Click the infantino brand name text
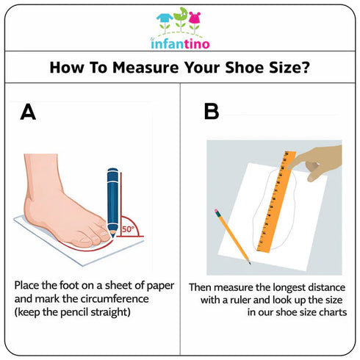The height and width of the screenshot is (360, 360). [x=180, y=43]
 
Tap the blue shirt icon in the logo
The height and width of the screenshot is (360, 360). [x=165, y=18]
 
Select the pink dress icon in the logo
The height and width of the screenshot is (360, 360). [x=195, y=18]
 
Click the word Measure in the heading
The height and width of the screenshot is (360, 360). [x=145, y=68]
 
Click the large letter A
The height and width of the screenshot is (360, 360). [x=28, y=112]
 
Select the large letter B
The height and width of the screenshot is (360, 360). [x=212, y=112]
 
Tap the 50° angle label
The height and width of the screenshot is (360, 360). [x=128, y=229]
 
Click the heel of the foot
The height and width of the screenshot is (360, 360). [x=31, y=208]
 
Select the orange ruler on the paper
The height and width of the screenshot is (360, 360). [x=276, y=202]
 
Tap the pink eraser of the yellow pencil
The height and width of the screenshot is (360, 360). [x=217, y=212]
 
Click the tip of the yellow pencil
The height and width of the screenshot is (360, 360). [x=250, y=264]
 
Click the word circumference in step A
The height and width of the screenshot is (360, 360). [x=115, y=299]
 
